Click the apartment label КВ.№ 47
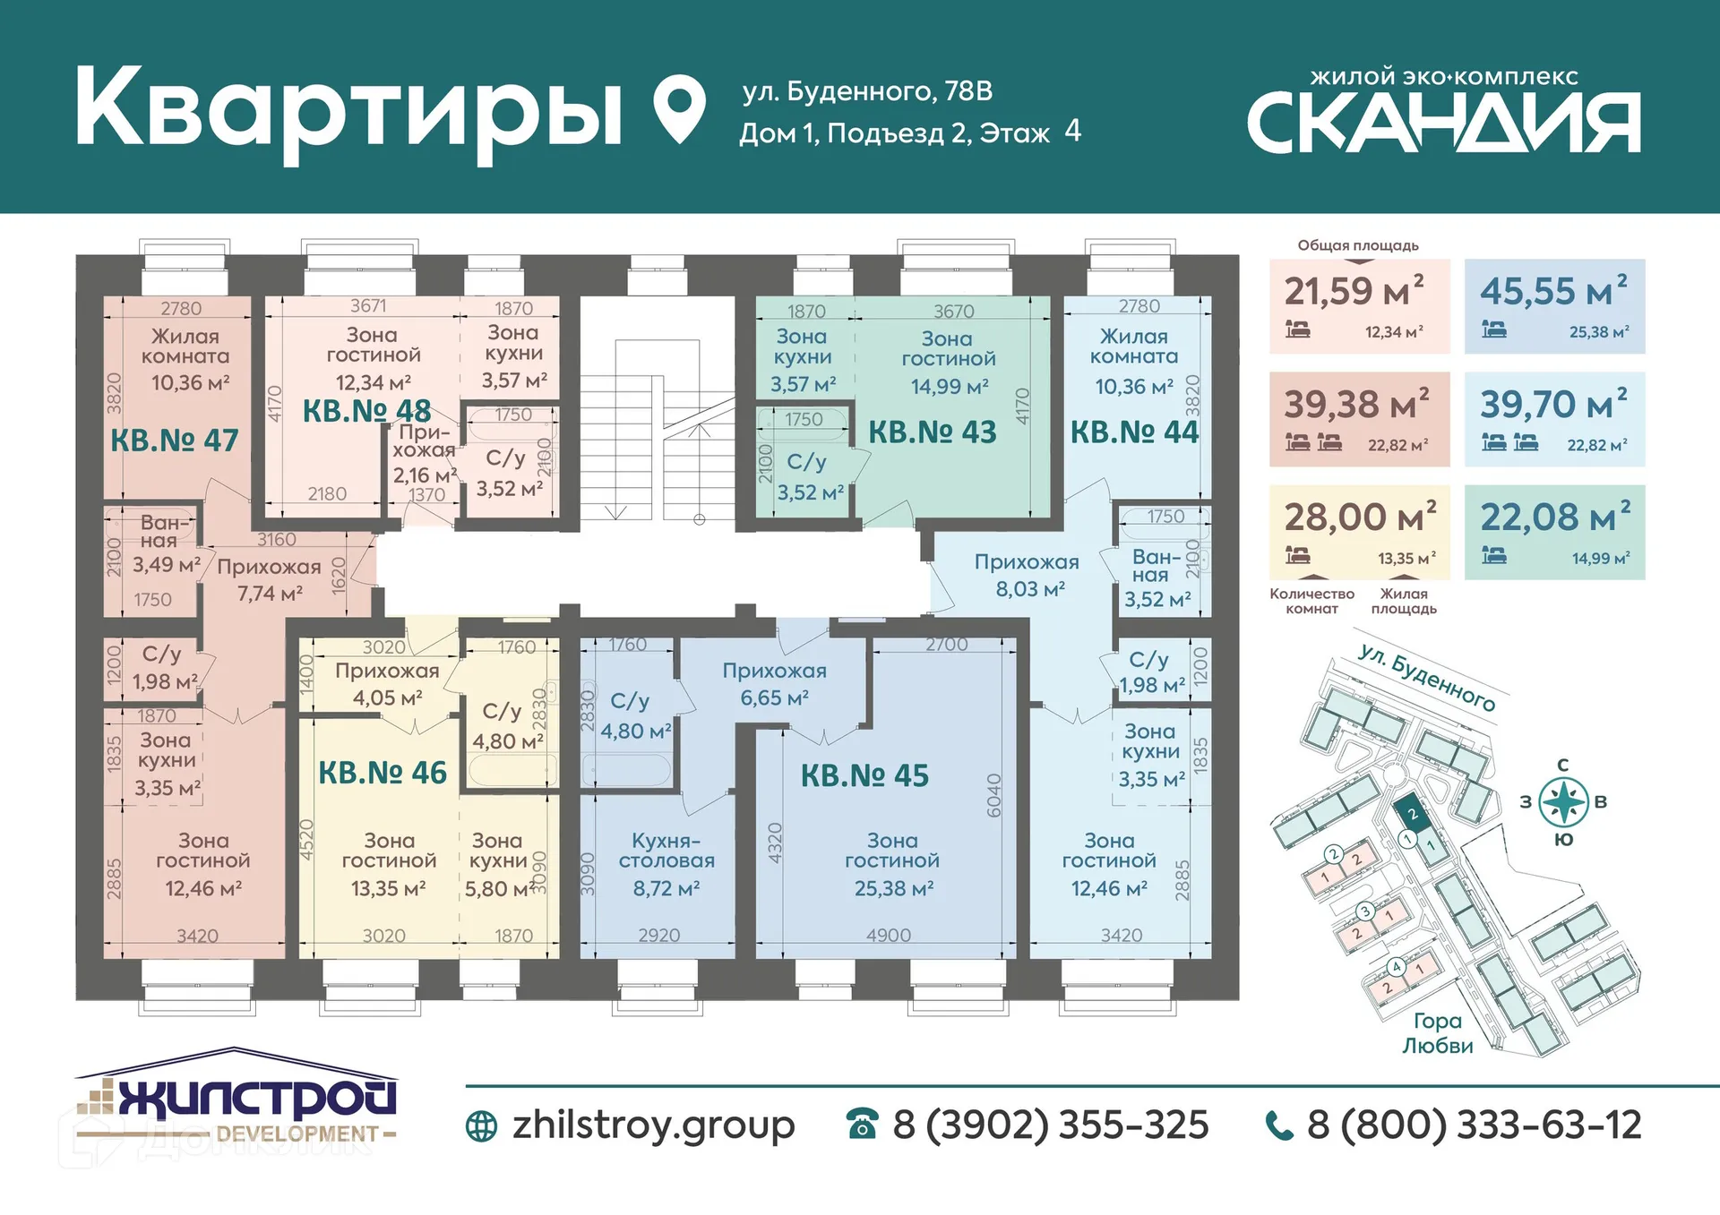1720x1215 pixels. click(175, 441)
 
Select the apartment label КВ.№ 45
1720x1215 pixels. click(864, 775)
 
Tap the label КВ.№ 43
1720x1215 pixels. click(933, 432)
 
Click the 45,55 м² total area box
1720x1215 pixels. click(1554, 306)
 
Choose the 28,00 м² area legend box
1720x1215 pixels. click(1359, 532)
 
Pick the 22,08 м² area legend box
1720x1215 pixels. click(1554, 532)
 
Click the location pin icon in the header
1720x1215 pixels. click(679, 107)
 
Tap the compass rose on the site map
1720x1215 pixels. click(1563, 801)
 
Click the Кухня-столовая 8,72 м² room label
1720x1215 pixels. click(666, 864)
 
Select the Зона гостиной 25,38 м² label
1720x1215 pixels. click(892, 864)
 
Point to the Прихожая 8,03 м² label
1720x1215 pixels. click(1028, 575)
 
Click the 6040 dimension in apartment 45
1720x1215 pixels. click(993, 795)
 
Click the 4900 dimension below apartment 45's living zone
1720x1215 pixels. click(888, 936)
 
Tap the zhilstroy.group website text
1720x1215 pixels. click(653, 1125)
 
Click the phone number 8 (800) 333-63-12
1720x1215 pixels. click(1474, 1125)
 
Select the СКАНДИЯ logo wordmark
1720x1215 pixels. click(1443, 123)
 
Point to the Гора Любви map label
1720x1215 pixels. click(1437, 1032)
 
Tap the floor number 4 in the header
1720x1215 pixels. click(1072, 131)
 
